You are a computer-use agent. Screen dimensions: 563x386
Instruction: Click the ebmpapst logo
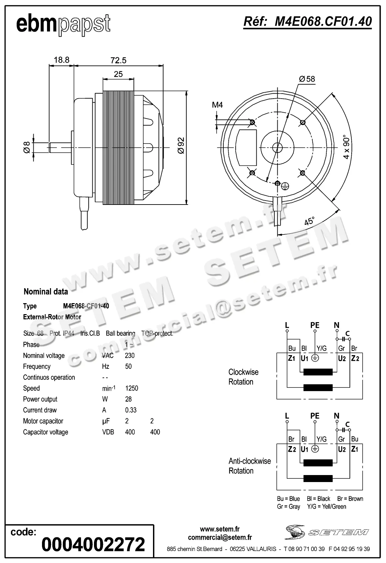pyautogui.click(x=63, y=24)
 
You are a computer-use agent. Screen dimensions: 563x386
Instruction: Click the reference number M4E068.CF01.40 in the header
pyautogui.click(x=308, y=22)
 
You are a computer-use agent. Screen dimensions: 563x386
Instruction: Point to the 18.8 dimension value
pyautogui.click(x=62, y=60)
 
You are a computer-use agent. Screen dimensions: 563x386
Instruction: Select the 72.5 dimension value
pyautogui.click(x=118, y=60)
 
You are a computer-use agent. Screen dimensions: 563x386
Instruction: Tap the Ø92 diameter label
pyautogui.click(x=181, y=146)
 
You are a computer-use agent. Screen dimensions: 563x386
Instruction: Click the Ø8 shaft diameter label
pyautogui.click(x=27, y=147)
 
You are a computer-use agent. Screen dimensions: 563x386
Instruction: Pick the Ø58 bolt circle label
pyautogui.click(x=307, y=79)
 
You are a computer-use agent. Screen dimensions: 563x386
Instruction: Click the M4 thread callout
pyautogui.click(x=217, y=105)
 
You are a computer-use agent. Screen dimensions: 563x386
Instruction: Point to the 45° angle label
pyautogui.click(x=310, y=221)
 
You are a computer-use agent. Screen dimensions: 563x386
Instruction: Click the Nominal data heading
pyautogui.click(x=46, y=291)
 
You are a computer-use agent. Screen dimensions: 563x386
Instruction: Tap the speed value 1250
pyautogui.click(x=131, y=388)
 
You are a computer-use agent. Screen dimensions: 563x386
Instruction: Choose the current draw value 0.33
pyautogui.click(x=131, y=410)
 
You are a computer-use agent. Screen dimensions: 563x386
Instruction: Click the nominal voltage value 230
pyautogui.click(x=130, y=355)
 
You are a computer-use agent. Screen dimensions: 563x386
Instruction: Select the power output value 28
pyautogui.click(x=128, y=399)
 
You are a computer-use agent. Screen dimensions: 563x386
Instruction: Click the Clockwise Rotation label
pyautogui.click(x=243, y=377)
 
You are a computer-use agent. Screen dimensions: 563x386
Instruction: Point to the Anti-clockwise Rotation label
pyautogui.click(x=249, y=466)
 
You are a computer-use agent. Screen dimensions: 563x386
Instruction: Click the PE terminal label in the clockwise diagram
pyautogui.click(x=315, y=325)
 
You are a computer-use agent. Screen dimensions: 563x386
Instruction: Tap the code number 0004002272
pyautogui.click(x=93, y=544)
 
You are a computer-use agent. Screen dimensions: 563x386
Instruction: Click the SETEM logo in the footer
pyautogui.click(x=327, y=532)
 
